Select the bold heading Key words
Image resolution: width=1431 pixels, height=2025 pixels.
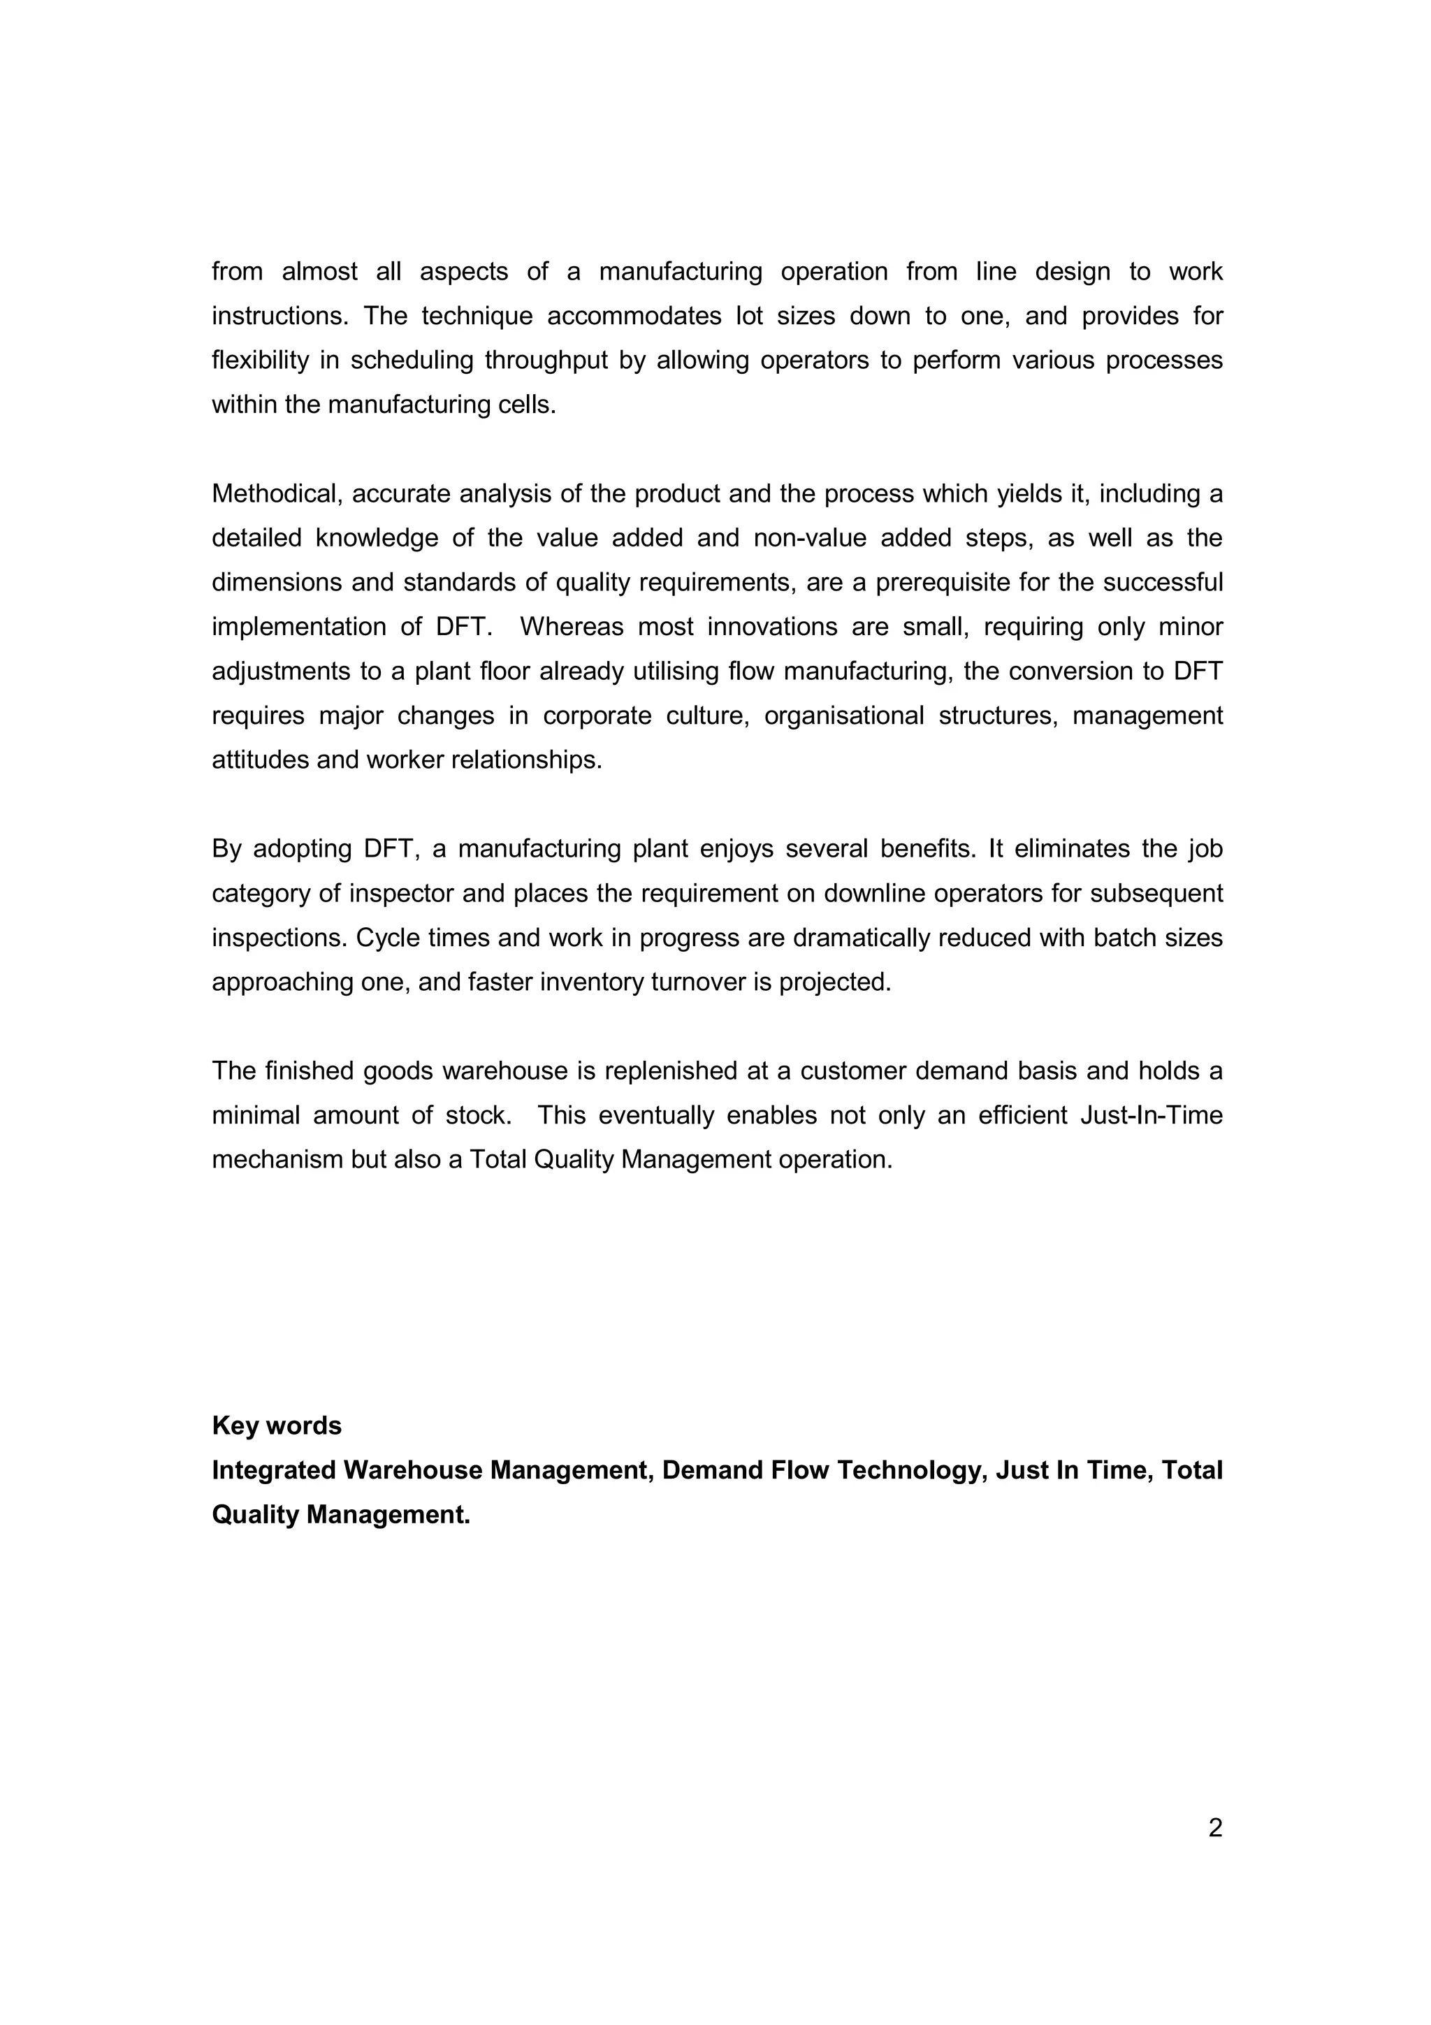(x=277, y=1425)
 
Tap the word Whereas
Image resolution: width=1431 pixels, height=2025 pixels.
(x=569, y=627)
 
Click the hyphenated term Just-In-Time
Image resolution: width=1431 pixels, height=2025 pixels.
(x=1152, y=1116)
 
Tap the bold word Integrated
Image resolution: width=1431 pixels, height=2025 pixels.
(x=273, y=1470)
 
